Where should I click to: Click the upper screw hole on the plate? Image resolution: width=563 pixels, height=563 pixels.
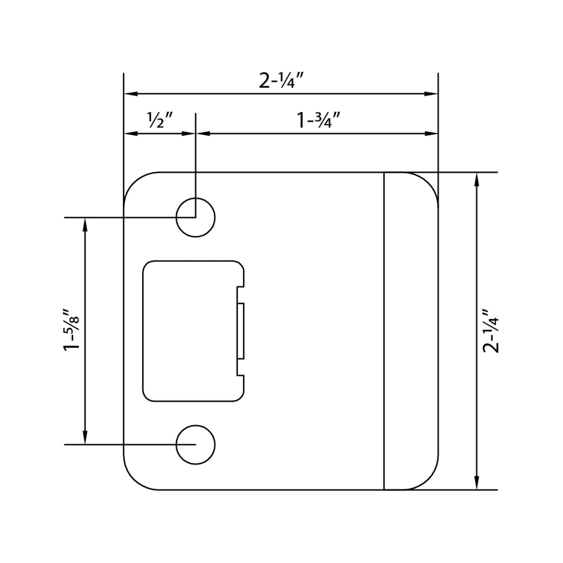(x=195, y=217)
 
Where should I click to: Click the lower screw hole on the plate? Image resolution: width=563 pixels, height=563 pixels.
(x=195, y=445)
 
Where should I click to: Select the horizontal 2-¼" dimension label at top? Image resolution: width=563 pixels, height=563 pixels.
(x=281, y=81)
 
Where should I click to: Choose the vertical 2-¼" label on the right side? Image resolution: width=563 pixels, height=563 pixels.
(x=490, y=331)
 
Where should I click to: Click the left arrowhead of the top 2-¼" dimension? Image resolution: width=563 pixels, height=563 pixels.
(x=130, y=94)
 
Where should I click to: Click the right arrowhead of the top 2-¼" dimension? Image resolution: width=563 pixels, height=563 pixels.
(x=432, y=94)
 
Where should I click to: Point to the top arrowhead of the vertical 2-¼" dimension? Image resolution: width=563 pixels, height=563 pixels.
(x=476, y=179)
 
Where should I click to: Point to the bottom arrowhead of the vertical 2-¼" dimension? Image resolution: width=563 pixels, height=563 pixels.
(x=476, y=483)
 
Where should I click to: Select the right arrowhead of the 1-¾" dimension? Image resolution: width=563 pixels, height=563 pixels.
(x=432, y=134)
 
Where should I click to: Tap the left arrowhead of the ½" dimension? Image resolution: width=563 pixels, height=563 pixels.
(x=130, y=134)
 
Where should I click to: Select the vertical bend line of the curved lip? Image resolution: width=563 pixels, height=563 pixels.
(x=384, y=331)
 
